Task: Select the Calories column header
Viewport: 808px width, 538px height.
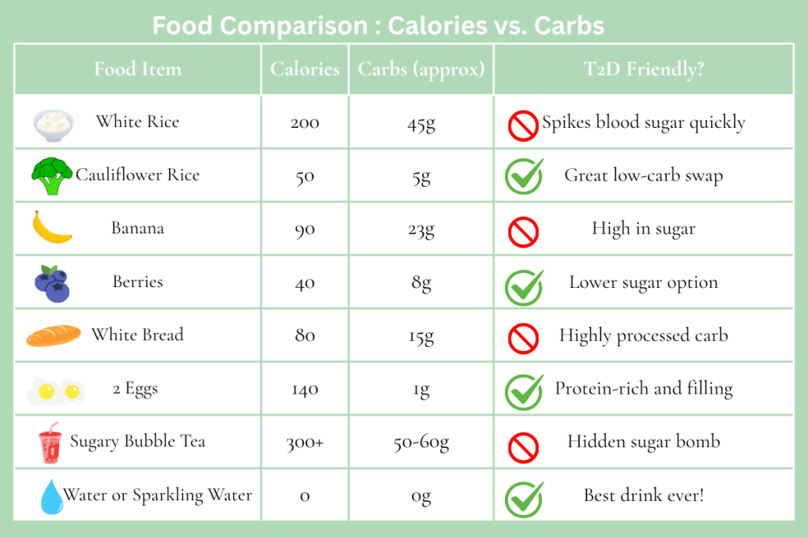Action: point(305,69)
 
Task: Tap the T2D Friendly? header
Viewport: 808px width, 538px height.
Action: point(643,69)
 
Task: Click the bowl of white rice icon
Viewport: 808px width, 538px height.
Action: point(54,122)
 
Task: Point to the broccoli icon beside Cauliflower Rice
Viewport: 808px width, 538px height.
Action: point(52,176)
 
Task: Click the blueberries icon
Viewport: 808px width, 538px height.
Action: point(52,283)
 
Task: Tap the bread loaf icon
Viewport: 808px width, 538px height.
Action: point(53,336)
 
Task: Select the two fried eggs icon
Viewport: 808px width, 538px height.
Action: point(54,390)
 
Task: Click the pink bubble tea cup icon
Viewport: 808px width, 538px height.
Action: point(50,443)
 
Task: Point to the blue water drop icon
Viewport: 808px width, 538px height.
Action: point(52,496)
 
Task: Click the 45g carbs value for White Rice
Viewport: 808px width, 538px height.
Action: point(421,123)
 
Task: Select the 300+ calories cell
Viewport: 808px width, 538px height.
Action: point(305,443)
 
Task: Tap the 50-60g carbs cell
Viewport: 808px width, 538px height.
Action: point(421,443)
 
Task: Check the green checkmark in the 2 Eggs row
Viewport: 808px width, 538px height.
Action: point(524,391)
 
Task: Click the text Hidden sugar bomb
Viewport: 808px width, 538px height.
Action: point(643,442)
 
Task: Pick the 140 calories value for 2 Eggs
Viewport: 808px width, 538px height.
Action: point(305,389)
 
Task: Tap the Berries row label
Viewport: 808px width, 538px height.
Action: point(137,282)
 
